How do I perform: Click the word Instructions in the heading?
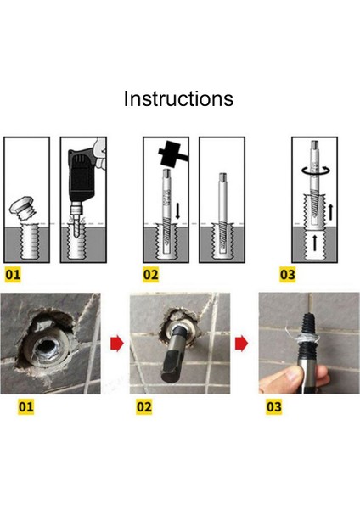coord(178,98)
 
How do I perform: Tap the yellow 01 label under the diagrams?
coord(13,275)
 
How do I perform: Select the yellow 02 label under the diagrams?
coord(150,275)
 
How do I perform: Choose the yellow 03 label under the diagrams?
coord(288,275)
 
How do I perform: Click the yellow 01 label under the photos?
coord(26,407)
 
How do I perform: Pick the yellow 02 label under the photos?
coord(144,407)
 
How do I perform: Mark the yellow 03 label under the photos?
coord(274,407)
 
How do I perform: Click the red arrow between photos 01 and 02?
coord(117,344)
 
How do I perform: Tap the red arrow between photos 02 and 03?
coord(241,344)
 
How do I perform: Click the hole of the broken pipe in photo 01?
coord(46,348)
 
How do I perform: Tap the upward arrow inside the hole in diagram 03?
coord(314,243)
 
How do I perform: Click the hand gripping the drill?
coord(100,153)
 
